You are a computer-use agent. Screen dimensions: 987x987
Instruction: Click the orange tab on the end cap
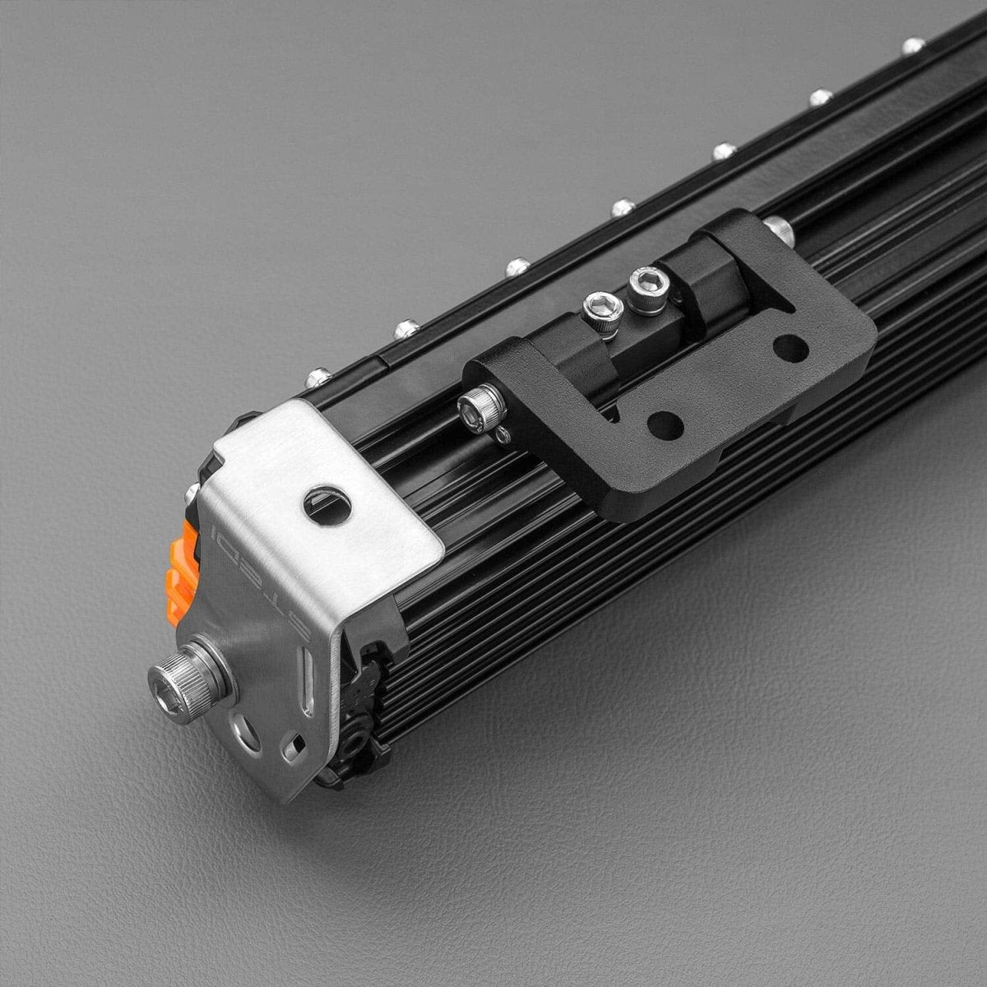(x=182, y=572)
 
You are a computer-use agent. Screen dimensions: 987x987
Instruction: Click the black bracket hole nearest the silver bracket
(x=665, y=424)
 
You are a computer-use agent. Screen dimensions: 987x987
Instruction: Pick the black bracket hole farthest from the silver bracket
(x=790, y=348)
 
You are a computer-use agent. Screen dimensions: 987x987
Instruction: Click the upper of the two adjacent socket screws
(x=649, y=288)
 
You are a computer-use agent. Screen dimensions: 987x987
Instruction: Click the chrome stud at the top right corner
(x=913, y=46)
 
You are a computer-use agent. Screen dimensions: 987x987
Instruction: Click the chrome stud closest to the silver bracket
(x=317, y=378)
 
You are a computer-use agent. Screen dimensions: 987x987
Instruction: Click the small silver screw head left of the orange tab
(x=191, y=493)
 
